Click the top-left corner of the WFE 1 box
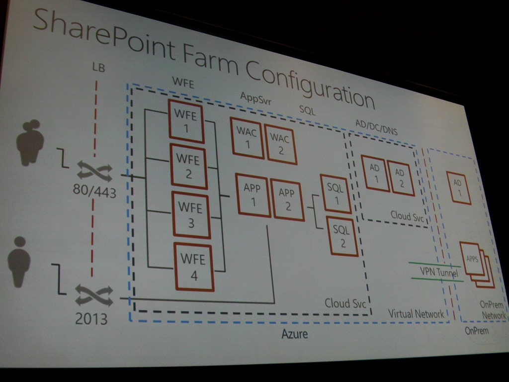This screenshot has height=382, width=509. pyautogui.click(x=169, y=99)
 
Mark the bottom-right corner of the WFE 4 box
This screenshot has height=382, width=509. pyautogui.click(x=213, y=290)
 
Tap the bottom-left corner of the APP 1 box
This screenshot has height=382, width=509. pyautogui.click(x=239, y=214)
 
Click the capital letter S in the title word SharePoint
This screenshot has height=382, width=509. pyautogui.click(x=44, y=21)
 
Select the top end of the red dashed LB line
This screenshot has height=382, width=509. pyautogui.click(x=96, y=81)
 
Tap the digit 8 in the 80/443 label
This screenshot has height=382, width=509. pyautogui.click(x=77, y=189)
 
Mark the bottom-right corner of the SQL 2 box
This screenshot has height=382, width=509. pyautogui.click(x=357, y=256)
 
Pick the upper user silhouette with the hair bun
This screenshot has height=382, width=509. pyautogui.click(x=30, y=143)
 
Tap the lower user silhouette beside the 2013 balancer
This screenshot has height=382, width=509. pyautogui.click(x=19, y=262)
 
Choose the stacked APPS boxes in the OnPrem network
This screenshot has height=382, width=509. pyautogui.click(x=477, y=265)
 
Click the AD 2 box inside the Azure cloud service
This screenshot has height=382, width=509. pyautogui.click(x=400, y=179)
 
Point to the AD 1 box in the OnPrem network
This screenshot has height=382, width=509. pyautogui.click(x=458, y=188)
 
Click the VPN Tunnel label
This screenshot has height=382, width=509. pyautogui.click(x=438, y=272)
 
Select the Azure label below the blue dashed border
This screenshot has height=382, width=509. pyautogui.click(x=294, y=334)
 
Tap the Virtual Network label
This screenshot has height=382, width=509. pyautogui.click(x=416, y=314)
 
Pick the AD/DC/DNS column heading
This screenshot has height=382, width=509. pyautogui.click(x=376, y=127)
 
